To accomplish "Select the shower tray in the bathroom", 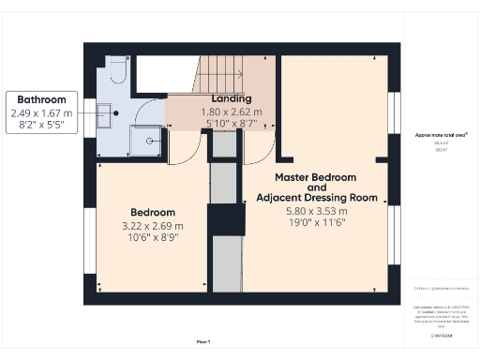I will pos(145,142).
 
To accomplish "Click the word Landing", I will pos(231,99).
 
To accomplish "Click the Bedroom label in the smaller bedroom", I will pos(150,213).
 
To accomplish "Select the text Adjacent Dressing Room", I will pos(317,198).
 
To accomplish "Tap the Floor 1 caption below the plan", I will pos(202,341).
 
